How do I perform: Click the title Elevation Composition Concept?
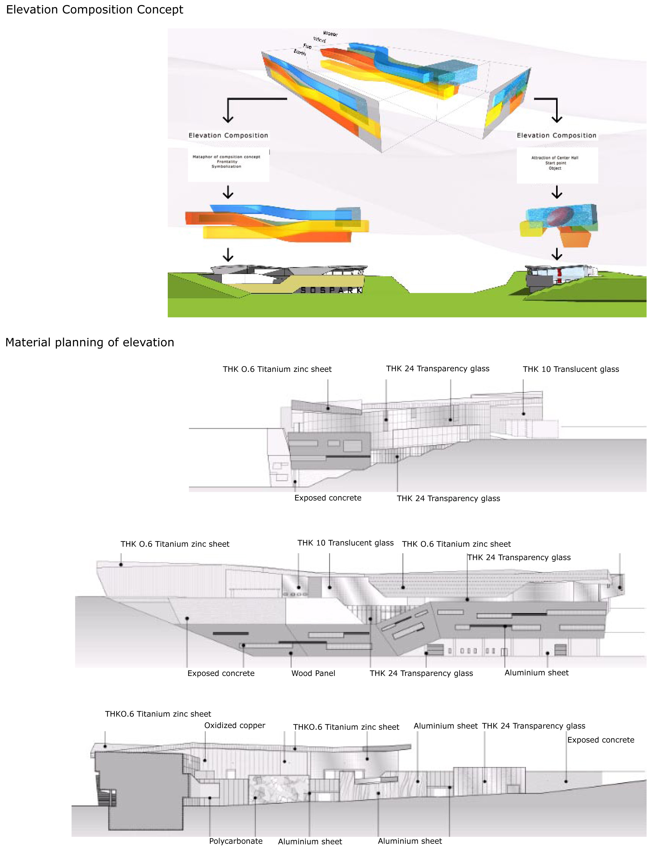(94, 9)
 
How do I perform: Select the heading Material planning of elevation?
(90, 342)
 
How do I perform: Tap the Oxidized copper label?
(235, 725)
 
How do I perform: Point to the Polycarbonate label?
(236, 841)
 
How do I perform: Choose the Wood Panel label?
(313, 673)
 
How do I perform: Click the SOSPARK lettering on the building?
(331, 290)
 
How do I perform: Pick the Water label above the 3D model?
(330, 34)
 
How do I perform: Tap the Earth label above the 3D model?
(300, 52)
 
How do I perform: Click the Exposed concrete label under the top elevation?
(328, 498)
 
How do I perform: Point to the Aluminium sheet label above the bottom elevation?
(445, 726)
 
